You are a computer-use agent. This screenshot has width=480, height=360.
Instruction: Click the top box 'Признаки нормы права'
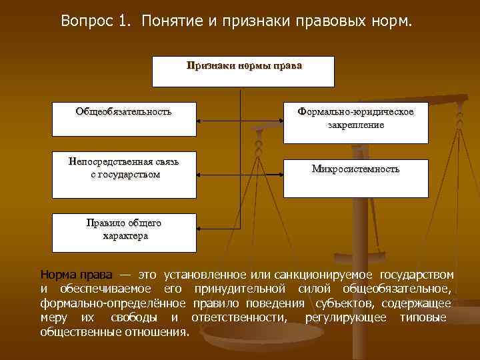click(x=243, y=71)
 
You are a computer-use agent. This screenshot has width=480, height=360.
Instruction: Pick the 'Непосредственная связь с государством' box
click(x=124, y=179)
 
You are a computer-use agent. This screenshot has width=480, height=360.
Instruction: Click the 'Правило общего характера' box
click(x=124, y=232)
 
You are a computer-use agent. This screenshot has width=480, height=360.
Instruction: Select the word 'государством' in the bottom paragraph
click(x=417, y=275)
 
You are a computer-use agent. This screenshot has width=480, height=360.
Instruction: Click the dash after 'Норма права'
click(x=125, y=275)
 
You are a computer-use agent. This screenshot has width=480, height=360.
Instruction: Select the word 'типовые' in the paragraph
click(x=423, y=317)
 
